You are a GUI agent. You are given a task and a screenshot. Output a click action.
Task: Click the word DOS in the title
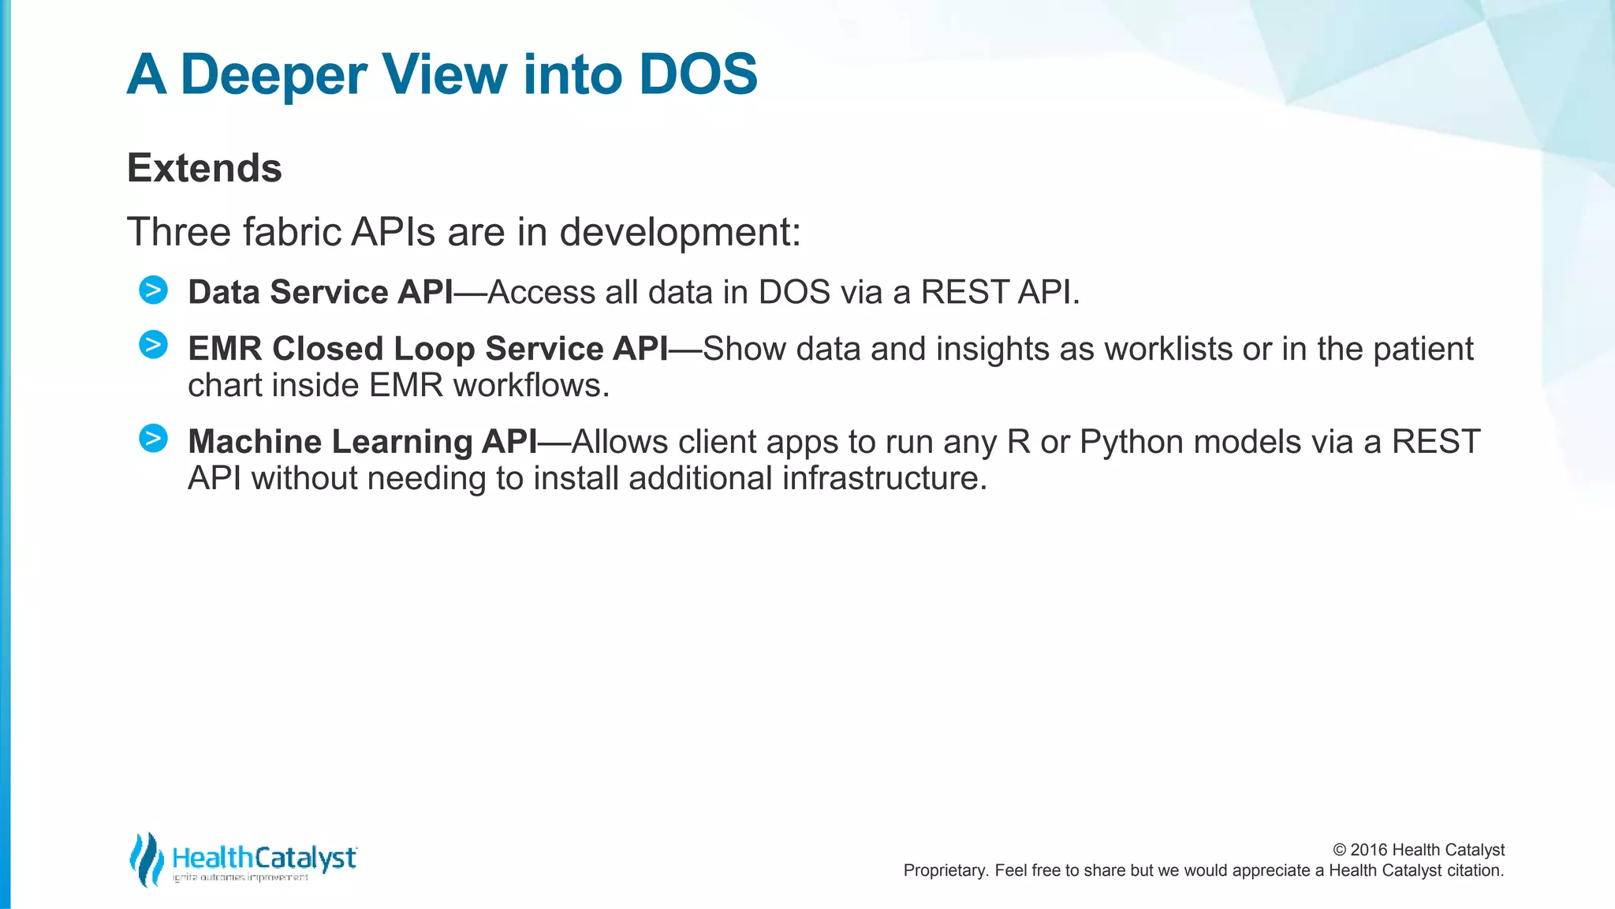coord(697,75)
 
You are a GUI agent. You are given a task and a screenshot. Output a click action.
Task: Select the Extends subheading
coord(204,168)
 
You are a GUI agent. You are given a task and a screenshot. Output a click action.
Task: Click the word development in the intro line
coord(679,232)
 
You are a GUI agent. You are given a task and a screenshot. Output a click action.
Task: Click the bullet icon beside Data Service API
coord(153,290)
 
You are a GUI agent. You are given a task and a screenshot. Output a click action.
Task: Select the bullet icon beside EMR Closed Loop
coord(153,345)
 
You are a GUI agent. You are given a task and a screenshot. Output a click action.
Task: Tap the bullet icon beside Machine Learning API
coord(153,438)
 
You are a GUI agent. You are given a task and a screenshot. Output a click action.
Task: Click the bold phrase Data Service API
coord(320,292)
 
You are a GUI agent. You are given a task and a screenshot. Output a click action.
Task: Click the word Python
coord(1131,442)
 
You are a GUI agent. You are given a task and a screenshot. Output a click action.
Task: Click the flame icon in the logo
coord(146,859)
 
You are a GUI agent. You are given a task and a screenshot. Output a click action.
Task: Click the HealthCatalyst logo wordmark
coord(264,858)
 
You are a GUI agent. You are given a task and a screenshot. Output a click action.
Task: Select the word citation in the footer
coord(1474,870)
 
